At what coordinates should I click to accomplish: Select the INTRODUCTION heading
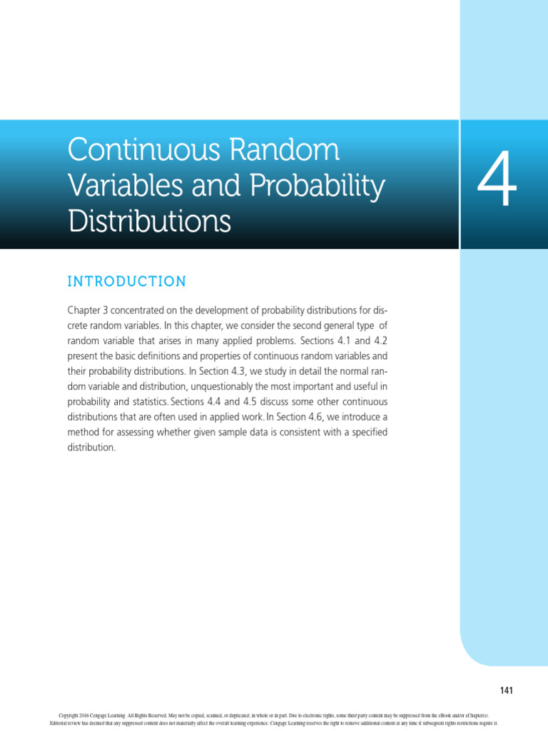click(x=126, y=281)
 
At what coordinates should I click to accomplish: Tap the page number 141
click(x=506, y=690)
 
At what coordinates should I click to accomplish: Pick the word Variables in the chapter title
click(x=114, y=186)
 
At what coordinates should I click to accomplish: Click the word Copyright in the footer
click(x=69, y=715)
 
